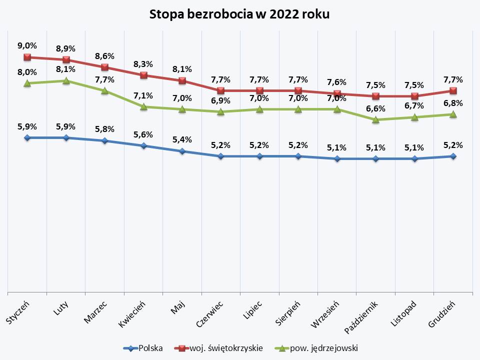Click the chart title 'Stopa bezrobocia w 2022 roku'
(240, 14)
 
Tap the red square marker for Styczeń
(27, 57)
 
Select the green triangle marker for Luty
(66, 80)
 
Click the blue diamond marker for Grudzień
(453, 156)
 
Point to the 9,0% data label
(27, 45)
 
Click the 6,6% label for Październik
(375, 108)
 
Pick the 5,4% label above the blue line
(182, 139)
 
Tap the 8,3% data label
(143, 64)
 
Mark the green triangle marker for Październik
(375, 120)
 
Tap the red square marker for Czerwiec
(220, 90)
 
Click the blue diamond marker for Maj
(182, 151)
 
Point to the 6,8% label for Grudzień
(453, 103)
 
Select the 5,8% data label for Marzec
(104, 129)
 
